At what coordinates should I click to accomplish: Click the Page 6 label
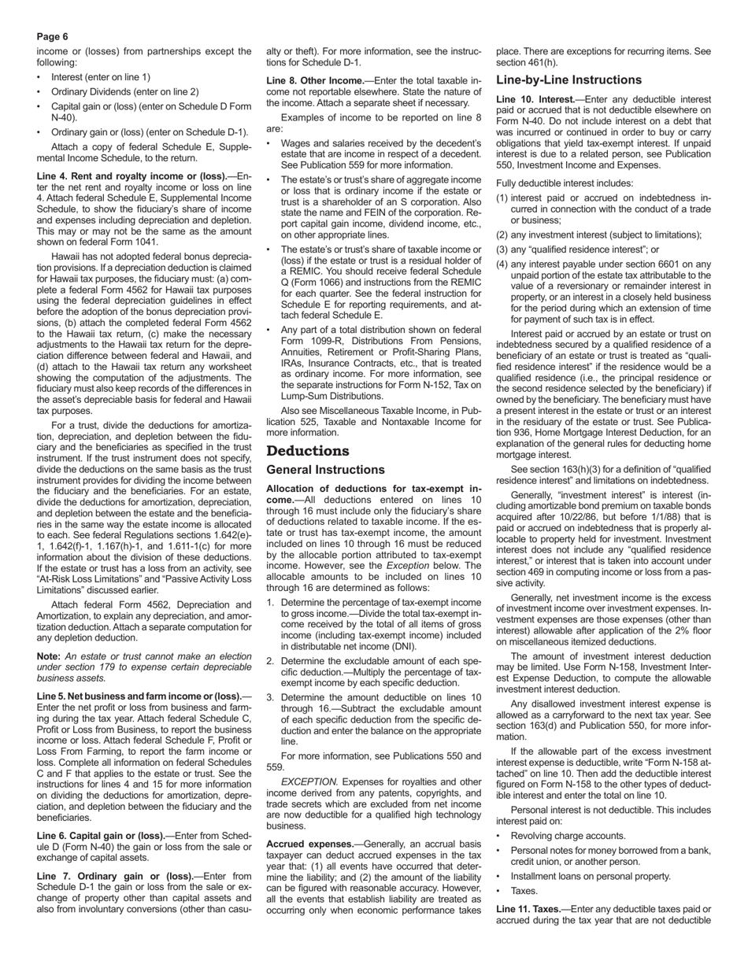[x=53, y=37]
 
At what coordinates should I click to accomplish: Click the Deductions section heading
[x=307, y=451]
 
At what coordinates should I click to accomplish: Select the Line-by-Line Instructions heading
[x=568, y=80]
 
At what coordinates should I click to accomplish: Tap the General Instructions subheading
[x=325, y=470]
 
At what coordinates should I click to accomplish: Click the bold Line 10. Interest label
[x=535, y=100]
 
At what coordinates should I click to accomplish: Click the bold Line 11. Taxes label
[x=528, y=909]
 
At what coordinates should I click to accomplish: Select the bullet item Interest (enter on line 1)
[x=100, y=77]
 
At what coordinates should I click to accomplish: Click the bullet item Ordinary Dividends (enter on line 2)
[x=124, y=92]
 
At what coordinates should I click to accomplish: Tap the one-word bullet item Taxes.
[x=524, y=891]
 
